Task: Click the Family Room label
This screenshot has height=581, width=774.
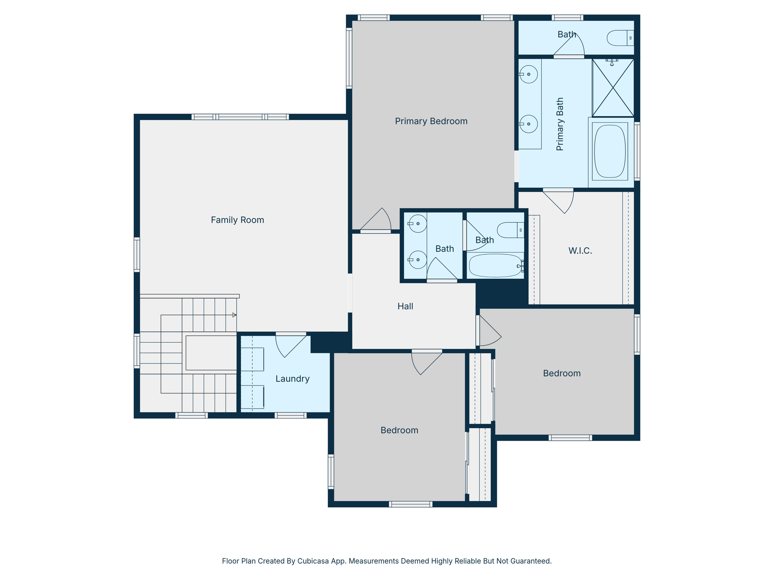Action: (237, 220)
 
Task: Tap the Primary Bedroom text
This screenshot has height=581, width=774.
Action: (431, 121)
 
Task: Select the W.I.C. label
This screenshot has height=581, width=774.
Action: (580, 251)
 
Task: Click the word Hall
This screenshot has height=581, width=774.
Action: (405, 306)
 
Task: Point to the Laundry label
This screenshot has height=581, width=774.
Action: (293, 379)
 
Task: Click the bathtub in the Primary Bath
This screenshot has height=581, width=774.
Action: (610, 151)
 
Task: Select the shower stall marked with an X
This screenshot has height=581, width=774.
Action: (613, 88)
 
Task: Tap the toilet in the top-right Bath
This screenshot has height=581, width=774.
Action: (620, 38)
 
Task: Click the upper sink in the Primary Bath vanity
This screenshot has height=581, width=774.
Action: (529, 74)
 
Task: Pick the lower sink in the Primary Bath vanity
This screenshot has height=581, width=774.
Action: (529, 124)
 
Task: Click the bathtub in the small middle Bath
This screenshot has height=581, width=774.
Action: (495, 266)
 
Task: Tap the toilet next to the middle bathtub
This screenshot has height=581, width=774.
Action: (510, 230)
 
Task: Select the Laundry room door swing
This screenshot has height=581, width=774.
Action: (289, 345)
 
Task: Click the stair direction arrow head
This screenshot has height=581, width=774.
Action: (234, 315)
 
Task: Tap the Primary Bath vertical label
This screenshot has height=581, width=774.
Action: (560, 124)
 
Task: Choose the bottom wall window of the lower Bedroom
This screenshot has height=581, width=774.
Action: (410, 504)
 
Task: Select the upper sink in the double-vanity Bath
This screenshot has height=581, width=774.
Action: (418, 224)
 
